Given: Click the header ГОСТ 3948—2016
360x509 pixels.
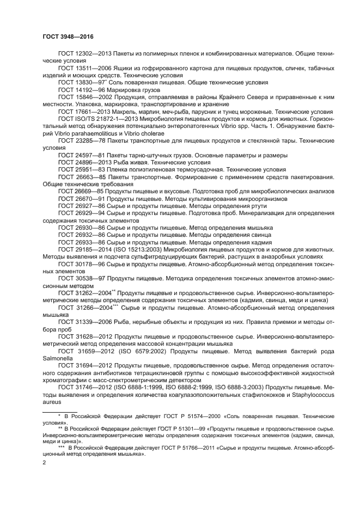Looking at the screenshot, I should [x=68, y=36].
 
